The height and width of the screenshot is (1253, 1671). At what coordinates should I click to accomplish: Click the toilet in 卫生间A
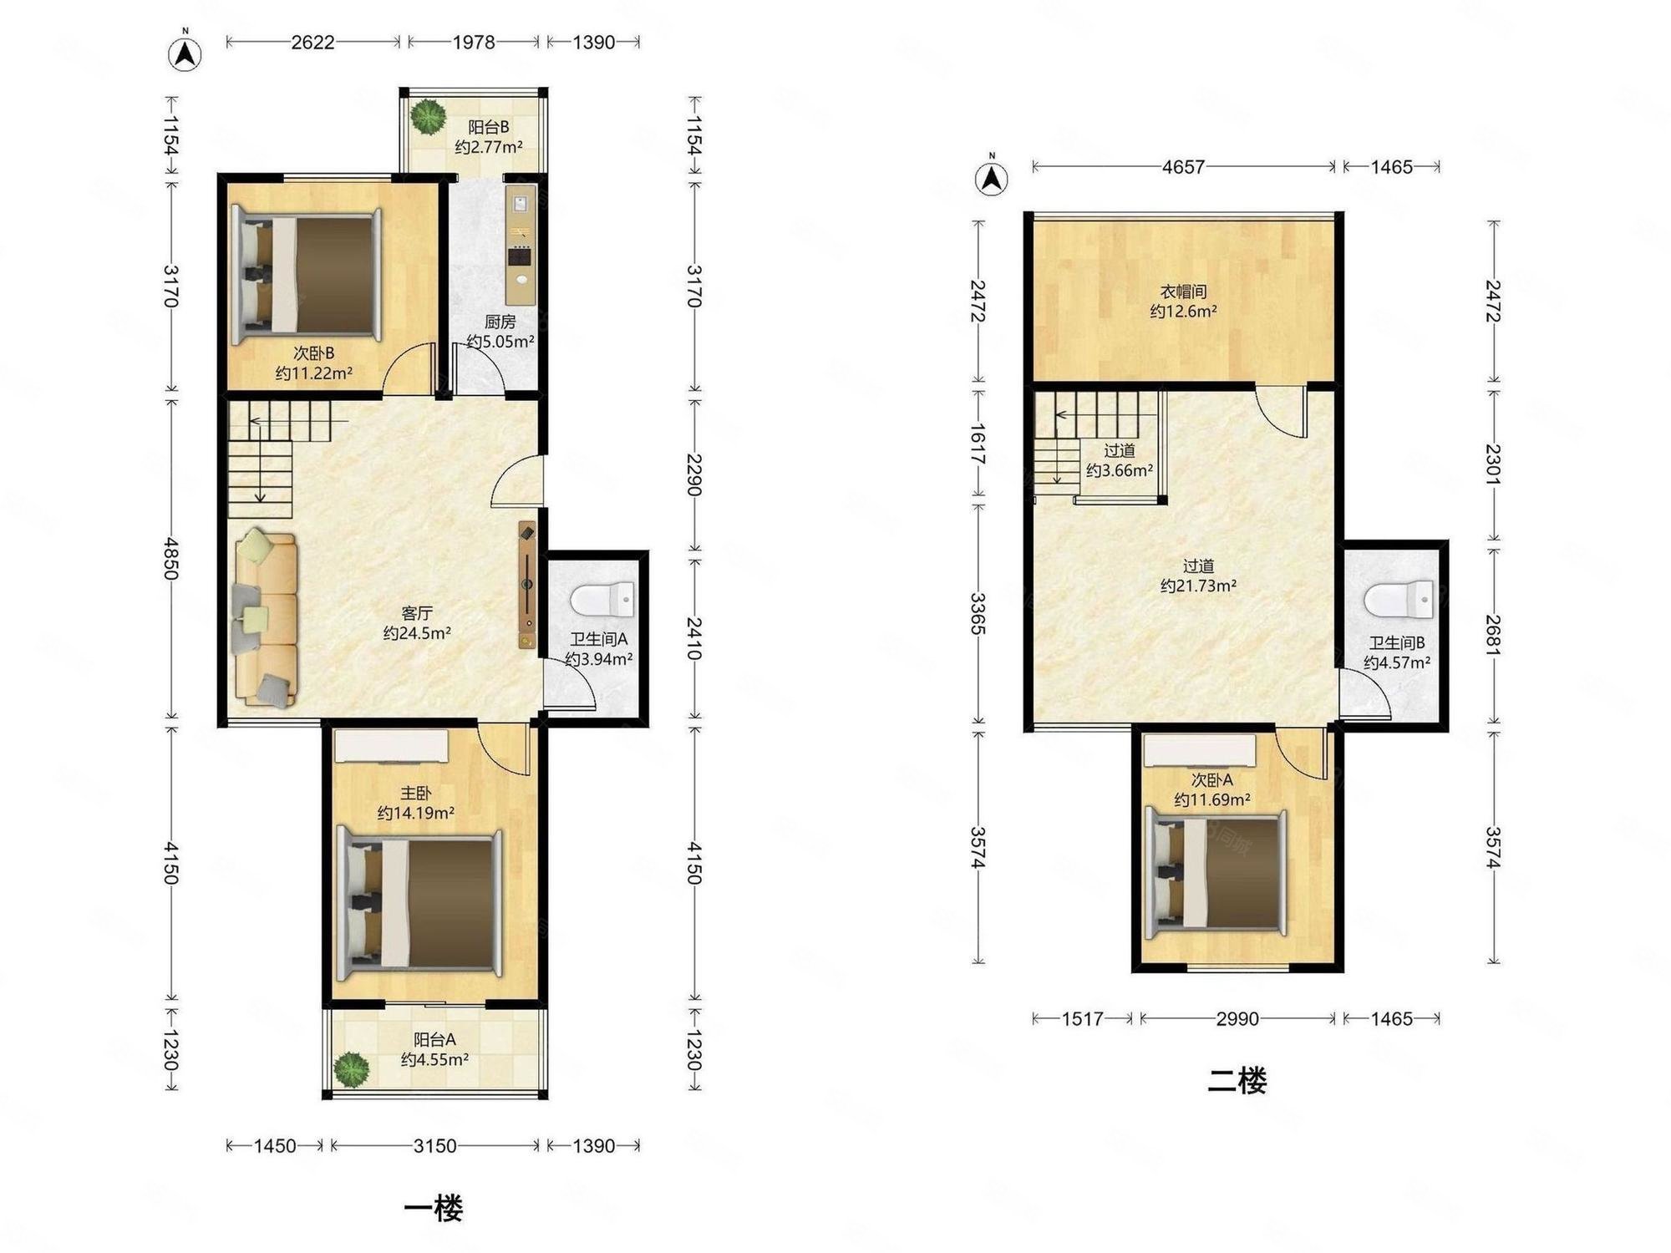pos(602,600)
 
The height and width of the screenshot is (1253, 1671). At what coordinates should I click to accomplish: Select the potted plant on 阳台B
pos(429,117)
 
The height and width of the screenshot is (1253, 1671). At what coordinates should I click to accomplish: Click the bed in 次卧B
pos(307,276)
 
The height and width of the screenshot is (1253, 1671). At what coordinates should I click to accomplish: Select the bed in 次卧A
pos(1216,872)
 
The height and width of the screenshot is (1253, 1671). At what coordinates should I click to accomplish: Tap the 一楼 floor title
pos(433,1208)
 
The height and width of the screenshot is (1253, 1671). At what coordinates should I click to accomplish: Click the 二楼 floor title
pos(1237,1081)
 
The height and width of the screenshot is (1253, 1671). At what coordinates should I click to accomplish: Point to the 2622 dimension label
pos(312,42)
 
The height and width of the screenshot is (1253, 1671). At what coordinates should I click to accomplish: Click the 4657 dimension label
pos(1183,167)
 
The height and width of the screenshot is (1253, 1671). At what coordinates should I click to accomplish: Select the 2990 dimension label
pos(1237,1018)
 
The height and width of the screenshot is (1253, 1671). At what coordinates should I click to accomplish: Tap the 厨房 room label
pos(500,322)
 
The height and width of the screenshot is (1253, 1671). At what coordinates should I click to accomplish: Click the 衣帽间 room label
pos(1183,292)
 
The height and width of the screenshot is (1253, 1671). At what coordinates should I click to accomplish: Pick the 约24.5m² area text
pos(417,633)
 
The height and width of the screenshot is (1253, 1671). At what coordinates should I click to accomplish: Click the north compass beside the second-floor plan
pos(992,176)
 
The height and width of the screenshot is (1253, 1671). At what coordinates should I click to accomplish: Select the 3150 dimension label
pos(434,1145)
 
